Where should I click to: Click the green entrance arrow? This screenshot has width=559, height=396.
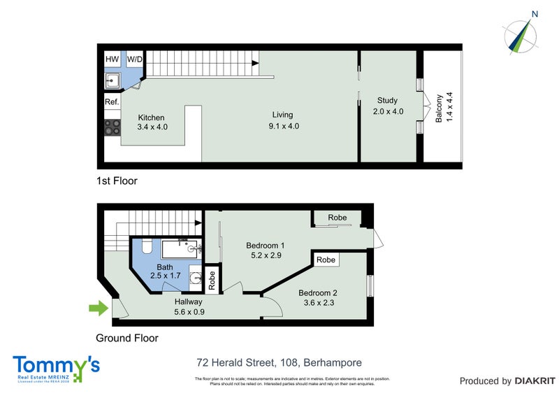click(98, 307)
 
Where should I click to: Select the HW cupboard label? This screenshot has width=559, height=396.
click(112, 59)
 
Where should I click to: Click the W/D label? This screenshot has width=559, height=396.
click(134, 59)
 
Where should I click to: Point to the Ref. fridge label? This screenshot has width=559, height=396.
click(112, 102)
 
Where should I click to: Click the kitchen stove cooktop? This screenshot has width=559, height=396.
click(112, 127)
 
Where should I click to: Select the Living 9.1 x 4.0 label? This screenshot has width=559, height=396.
click(283, 120)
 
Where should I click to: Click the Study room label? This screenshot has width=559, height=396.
click(388, 106)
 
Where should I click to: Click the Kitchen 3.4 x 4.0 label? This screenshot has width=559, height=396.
click(152, 122)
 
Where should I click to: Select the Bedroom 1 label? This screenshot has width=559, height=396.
click(265, 251)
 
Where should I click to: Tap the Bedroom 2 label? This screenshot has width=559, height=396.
click(318, 298)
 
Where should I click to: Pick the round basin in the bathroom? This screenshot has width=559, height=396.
click(194, 276)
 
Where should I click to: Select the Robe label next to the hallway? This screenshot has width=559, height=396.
click(212, 278)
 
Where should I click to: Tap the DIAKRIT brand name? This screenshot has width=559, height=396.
click(535, 381)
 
